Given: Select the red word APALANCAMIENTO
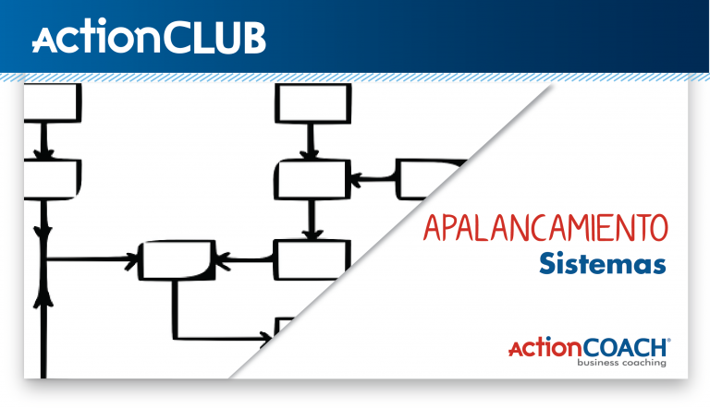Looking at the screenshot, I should coord(544,226).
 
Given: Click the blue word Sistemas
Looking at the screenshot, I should coord(603,265).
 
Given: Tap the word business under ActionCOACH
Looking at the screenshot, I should coord(602,363).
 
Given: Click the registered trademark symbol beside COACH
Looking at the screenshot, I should coord(668,341).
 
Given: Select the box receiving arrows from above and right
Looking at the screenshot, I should coord(312,178).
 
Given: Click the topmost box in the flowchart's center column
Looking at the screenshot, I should coord(312,104).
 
